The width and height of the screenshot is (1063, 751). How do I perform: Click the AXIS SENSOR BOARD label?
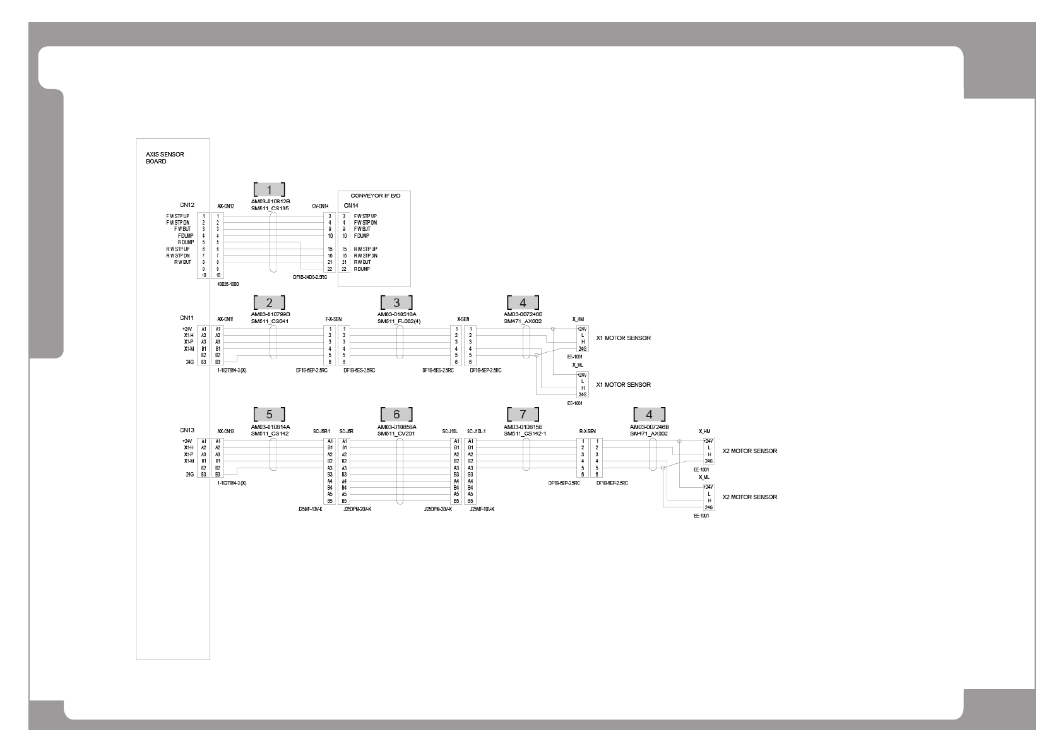[x=156, y=158]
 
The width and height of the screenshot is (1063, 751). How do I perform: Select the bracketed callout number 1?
[x=270, y=189]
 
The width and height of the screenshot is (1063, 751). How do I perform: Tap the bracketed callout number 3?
[x=396, y=302]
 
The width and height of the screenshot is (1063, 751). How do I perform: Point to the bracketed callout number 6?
[x=396, y=415]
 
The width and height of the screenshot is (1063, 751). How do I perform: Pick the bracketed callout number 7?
[x=522, y=415]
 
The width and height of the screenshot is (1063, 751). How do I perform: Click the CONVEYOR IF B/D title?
[x=375, y=196]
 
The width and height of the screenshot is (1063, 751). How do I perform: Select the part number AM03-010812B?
[x=270, y=201]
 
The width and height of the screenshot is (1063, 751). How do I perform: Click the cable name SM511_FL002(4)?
[x=399, y=321]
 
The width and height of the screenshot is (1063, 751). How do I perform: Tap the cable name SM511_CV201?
[x=396, y=434]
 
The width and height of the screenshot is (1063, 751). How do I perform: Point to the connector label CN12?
[x=187, y=205]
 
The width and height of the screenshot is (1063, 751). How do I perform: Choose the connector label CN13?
[x=187, y=430]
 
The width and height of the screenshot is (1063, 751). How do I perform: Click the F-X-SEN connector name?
[x=333, y=319]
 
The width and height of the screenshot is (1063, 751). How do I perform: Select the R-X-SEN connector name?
[x=587, y=432]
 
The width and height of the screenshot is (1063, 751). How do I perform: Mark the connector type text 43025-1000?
[x=227, y=285]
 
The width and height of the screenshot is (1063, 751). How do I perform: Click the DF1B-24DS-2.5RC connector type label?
[x=311, y=276]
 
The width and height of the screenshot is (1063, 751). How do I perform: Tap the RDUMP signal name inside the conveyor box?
[x=362, y=269]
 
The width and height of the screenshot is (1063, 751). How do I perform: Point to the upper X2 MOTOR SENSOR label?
[x=749, y=451]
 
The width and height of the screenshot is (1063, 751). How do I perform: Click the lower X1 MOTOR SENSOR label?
[x=623, y=385]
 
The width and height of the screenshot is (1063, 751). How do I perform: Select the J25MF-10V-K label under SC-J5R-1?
[x=311, y=509]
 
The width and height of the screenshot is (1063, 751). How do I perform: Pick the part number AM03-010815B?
[x=523, y=427]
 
